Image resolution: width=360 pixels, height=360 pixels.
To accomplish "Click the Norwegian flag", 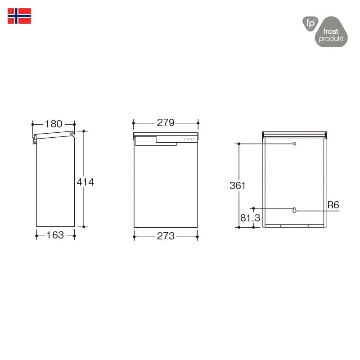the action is pos(19,16).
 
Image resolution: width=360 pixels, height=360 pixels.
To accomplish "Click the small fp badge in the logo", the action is pos(310,23).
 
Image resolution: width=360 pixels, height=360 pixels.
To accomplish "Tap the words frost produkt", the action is pos(331,35).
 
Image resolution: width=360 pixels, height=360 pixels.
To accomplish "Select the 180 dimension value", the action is pos(54,124).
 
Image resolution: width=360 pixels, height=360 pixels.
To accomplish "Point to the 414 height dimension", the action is pos(85,182).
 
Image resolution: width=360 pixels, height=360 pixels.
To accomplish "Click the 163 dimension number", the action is pos(55,235).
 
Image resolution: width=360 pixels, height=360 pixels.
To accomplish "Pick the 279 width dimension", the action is pos(166,122).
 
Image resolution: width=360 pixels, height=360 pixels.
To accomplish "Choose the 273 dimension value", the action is pos(166,236).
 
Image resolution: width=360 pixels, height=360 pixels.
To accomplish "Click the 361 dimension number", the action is pos(238,185).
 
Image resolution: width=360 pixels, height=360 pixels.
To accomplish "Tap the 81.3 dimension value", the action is pos(250,218).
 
